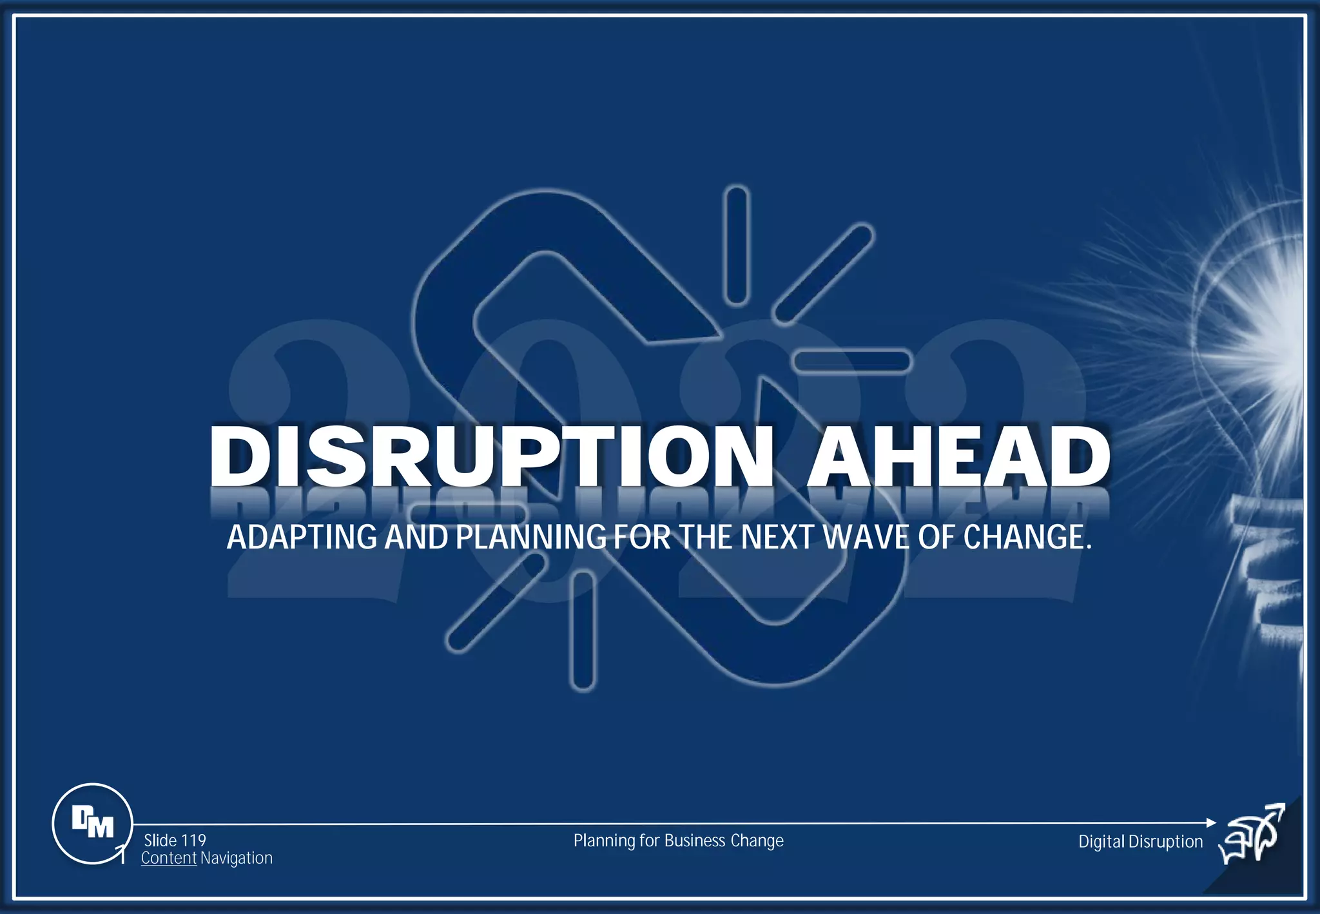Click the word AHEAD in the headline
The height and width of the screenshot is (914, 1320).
point(958,456)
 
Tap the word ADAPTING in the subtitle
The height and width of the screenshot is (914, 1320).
point(302,537)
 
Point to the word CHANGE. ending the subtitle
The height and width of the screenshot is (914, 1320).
point(1027,537)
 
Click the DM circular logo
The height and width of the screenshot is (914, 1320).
point(92,823)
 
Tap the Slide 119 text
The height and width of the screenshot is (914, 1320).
point(175,841)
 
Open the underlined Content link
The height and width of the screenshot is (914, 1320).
point(168,858)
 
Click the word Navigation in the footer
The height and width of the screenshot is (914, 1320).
point(237,858)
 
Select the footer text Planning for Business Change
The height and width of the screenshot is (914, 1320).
point(678,841)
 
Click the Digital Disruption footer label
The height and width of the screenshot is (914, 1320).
point(1140,841)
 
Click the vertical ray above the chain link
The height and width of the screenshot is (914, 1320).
point(736,244)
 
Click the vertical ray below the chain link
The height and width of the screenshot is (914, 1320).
point(583,631)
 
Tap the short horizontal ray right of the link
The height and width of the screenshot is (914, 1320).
point(851,361)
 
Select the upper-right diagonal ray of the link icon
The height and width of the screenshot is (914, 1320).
point(824,273)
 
